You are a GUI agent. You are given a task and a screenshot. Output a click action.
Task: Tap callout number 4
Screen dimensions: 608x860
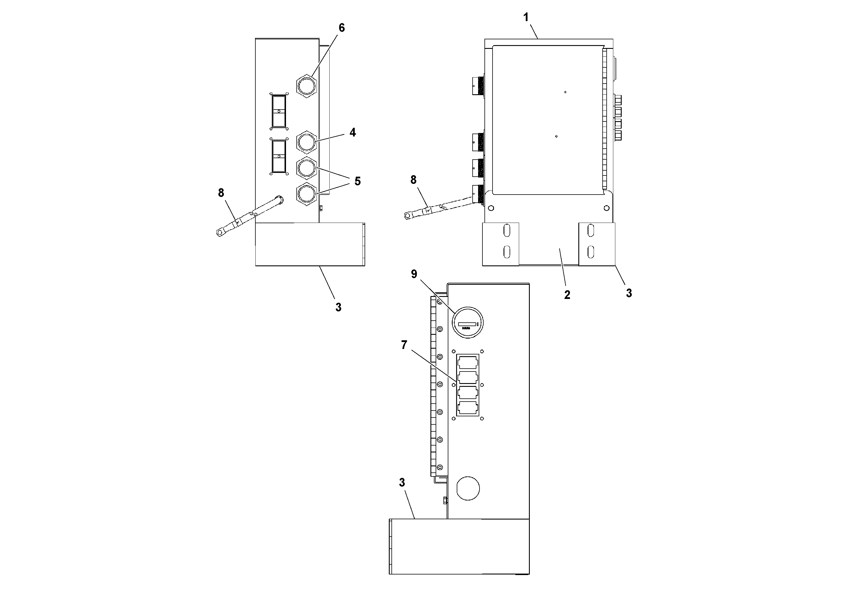[x=352, y=132]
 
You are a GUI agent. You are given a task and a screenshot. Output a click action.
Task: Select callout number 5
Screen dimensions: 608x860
[x=357, y=182]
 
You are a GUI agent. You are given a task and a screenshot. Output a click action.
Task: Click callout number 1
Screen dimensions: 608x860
[x=526, y=17]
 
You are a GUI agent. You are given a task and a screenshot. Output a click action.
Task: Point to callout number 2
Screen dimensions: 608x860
[x=567, y=295]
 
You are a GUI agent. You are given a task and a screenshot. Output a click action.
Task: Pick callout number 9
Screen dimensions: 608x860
[x=414, y=274]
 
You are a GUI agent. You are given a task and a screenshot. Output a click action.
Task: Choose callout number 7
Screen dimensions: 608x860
[x=404, y=345]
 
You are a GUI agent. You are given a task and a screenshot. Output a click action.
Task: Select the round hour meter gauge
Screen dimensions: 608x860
[x=467, y=323]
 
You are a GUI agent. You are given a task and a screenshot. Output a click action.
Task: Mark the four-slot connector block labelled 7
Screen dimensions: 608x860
[x=468, y=384]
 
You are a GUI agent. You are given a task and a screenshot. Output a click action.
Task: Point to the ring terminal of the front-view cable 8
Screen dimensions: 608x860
[x=407, y=216]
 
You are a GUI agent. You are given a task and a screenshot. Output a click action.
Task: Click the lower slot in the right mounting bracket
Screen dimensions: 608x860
[x=591, y=252]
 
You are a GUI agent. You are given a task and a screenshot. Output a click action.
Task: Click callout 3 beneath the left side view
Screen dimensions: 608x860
[x=338, y=307]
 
